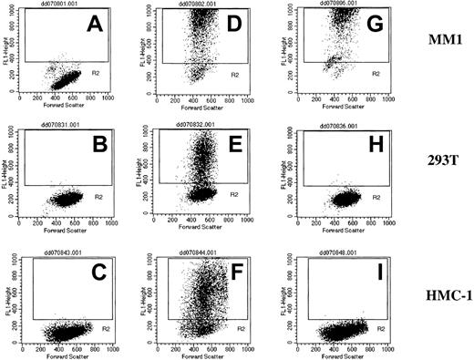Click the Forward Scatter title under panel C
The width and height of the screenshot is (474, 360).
tap(68, 355)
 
